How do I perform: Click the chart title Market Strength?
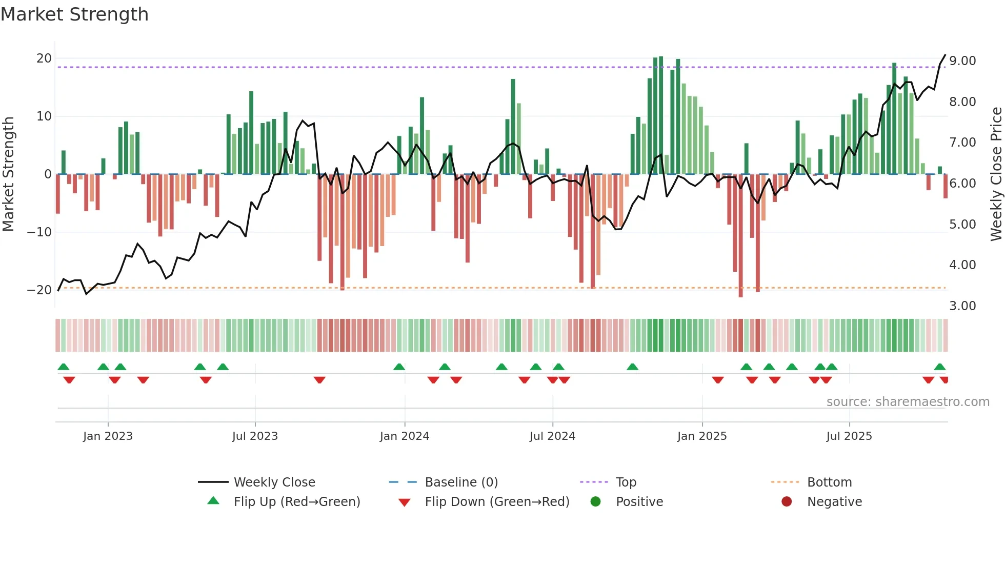pos(74,14)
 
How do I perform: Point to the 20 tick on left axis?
pos(44,58)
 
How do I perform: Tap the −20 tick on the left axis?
pos(39,290)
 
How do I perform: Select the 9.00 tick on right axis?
pos(962,61)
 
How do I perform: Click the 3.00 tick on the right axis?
pos(962,306)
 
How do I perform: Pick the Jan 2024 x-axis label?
pos(405,436)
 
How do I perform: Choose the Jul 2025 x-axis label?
pos(849,436)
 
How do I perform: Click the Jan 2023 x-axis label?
pos(108,436)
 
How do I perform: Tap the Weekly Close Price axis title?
pos(996,174)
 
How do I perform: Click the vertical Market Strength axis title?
pos(8,174)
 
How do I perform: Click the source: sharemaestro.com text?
pos(908,402)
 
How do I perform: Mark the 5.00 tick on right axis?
pos(962,225)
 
